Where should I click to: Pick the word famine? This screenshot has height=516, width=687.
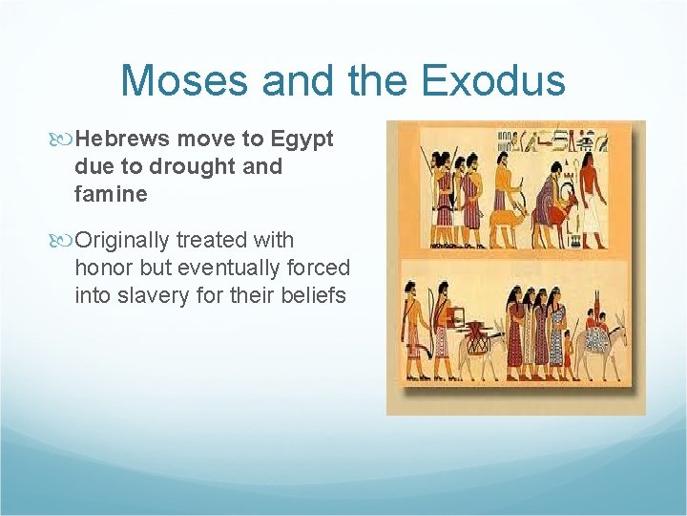pos(111,195)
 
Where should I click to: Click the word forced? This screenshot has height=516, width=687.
pos(319,269)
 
